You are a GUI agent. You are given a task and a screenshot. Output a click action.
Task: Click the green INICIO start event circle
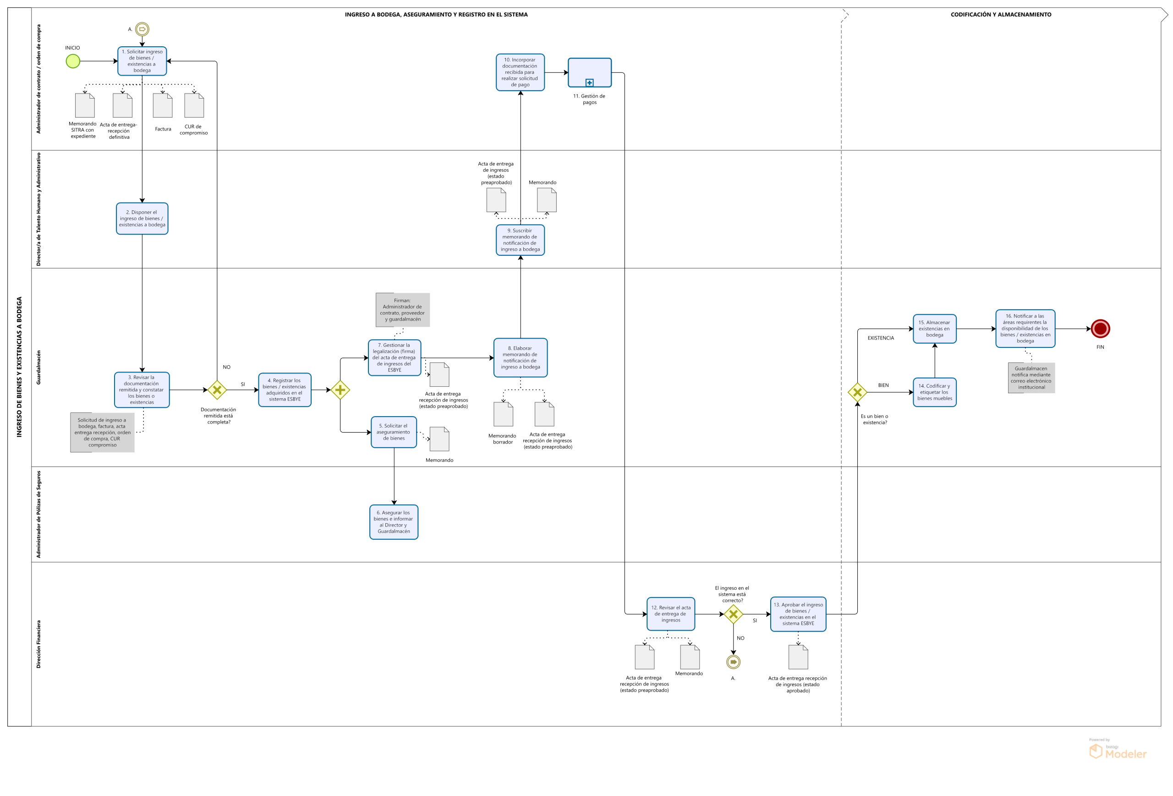tap(73, 61)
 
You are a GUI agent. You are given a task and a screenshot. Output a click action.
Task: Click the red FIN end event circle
tap(1100, 329)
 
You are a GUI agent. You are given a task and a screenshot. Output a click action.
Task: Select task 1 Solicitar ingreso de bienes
tap(142, 61)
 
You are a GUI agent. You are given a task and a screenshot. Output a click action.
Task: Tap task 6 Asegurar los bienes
tap(394, 522)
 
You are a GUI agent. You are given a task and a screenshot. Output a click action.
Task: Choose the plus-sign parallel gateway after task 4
tap(340, 390)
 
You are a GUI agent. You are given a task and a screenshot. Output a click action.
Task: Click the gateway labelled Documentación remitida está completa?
tap(217, 390)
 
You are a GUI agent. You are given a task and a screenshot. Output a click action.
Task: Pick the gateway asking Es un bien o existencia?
tap(857, 392)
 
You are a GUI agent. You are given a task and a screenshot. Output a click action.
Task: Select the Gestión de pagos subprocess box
tap(590, 73)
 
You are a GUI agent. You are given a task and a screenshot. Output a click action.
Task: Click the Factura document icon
tap(163, 105)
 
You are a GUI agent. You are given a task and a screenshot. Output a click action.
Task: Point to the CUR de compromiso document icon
tap(194, 105)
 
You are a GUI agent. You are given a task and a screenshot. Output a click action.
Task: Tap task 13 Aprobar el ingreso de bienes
tap(798, 614)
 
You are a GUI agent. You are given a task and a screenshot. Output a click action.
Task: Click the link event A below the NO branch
tap(734, 662)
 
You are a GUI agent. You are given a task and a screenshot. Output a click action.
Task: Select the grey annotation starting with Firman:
tap(403, 309)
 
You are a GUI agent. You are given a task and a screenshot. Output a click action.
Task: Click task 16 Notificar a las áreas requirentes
tap(1025, 329)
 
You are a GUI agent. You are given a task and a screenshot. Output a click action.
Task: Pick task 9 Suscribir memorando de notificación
tap(520, 240)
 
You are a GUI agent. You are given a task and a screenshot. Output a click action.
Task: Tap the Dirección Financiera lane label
tap(38, 644)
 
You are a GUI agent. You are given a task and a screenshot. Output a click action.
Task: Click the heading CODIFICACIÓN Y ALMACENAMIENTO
tap(1001, 15)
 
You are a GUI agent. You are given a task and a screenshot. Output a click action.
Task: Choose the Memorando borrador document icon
tap(503, 414)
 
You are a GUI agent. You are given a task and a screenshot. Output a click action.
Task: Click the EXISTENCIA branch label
tap(881, 338)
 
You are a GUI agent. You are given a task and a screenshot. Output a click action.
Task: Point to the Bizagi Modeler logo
tap(1118, 752)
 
